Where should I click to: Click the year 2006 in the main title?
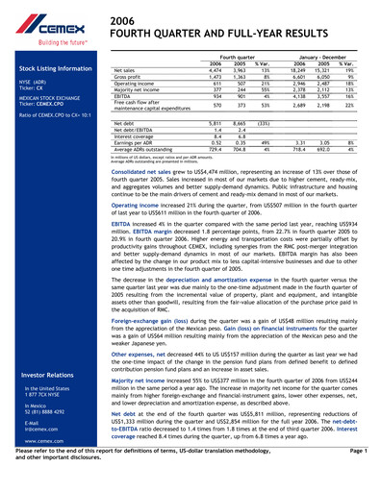point(122,20)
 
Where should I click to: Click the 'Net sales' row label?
point(124,71)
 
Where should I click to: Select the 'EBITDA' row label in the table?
point(123,97)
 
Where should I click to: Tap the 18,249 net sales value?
point(299,71)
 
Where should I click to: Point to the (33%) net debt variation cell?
point(262,124)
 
